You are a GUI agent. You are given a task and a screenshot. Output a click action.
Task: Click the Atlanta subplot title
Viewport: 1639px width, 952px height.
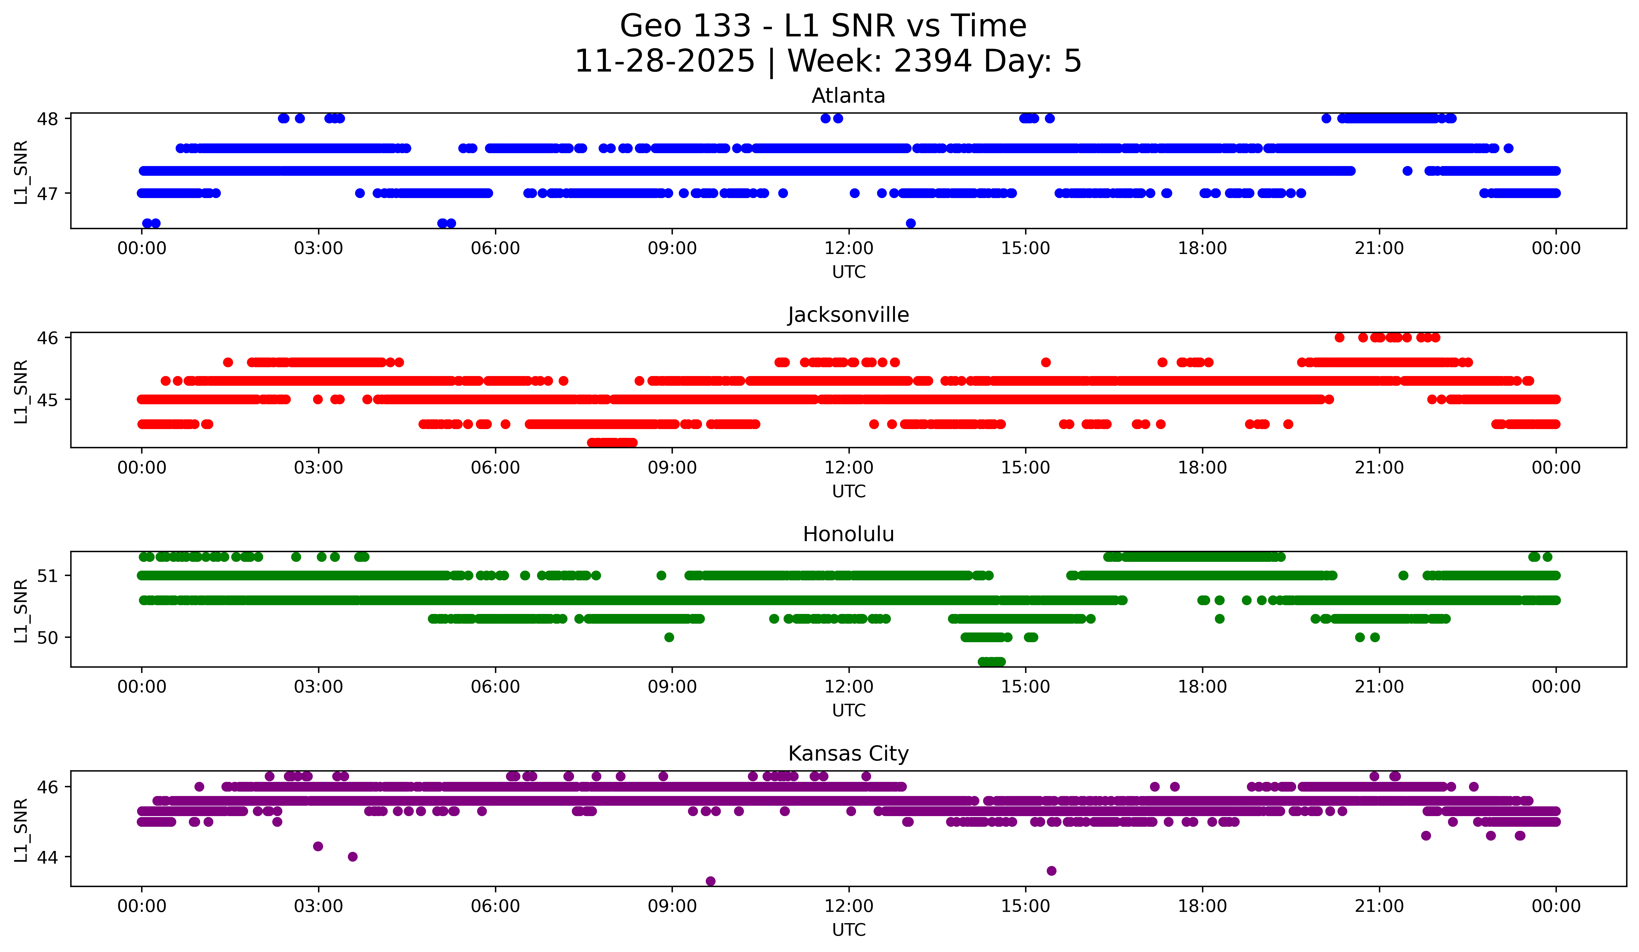tap(848, 96)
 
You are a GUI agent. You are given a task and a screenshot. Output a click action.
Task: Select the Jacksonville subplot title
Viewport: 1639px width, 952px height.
tap(848, 315)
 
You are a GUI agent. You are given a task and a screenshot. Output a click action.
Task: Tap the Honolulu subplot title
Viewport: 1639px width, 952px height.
tap(848, 534)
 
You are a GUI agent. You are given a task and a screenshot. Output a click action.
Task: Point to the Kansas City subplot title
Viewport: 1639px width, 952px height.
tap(848, 754)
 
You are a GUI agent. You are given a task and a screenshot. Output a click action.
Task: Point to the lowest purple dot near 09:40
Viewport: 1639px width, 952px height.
tap(710, 881)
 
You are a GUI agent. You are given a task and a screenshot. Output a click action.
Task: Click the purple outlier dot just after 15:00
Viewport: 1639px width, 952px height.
tap(1051, 871)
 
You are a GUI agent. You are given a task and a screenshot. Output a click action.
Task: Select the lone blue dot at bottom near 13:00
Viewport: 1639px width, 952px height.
tap(911, 223)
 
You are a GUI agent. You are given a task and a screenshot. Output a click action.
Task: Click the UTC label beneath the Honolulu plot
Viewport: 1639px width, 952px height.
tap(848, 711)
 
